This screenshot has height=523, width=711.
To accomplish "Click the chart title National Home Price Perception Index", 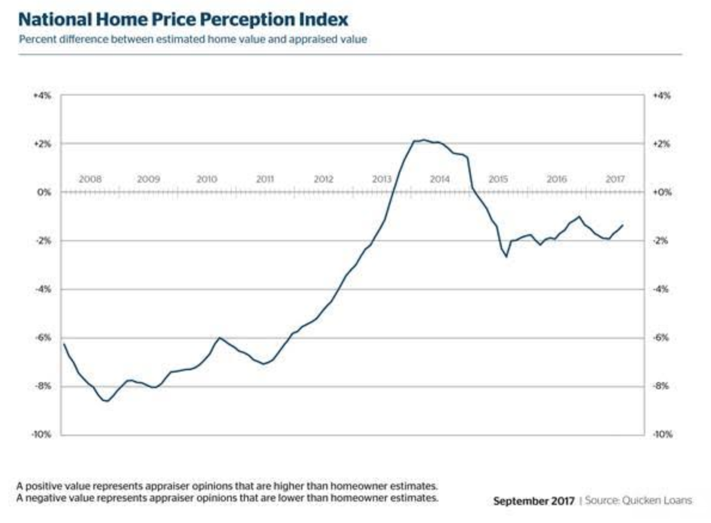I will [183, 19].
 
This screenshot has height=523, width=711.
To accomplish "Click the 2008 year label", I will [90, 179].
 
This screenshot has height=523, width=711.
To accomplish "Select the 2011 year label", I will [265, 179].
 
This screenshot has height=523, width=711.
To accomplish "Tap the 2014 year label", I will [440, 179].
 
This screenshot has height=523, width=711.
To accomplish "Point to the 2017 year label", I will [615, 179].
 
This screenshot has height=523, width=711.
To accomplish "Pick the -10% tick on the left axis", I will [43, 435].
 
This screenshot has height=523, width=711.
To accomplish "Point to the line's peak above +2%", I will [424, 140].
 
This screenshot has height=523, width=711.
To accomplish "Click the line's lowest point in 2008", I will [106, 401].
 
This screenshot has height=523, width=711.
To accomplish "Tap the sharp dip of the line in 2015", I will [507, 257].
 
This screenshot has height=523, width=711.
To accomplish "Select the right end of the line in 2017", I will [623, 225].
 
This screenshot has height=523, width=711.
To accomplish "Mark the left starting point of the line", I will [63, 344].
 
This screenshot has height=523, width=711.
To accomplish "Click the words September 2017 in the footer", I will [534, 500].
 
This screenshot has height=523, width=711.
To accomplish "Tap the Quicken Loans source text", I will [639, 500].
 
